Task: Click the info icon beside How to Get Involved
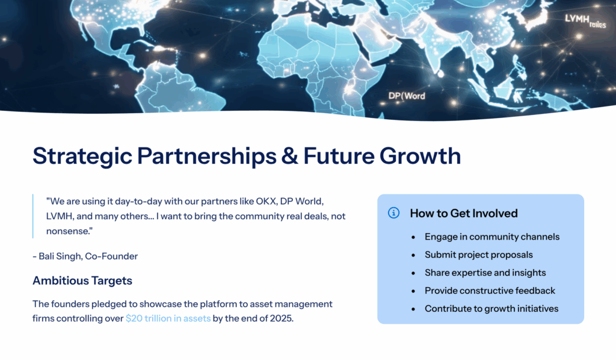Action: [x=394, y=213]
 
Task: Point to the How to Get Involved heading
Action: [x=464, y=213]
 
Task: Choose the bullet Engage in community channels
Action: [x=492, y=237]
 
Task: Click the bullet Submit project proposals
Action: [x=479, y=255]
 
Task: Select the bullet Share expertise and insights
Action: [x=485, y=273]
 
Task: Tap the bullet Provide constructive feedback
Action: [x=490, y=291]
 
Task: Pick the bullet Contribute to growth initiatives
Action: [x=491, y=309]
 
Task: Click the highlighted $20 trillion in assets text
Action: [x=168, y=318]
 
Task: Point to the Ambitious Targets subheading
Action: [x=82, y=281]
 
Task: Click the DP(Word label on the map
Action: [x=407, y=96]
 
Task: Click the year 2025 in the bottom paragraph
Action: [x=280, y=318]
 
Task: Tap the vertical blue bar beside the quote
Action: [x=33, y=216]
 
